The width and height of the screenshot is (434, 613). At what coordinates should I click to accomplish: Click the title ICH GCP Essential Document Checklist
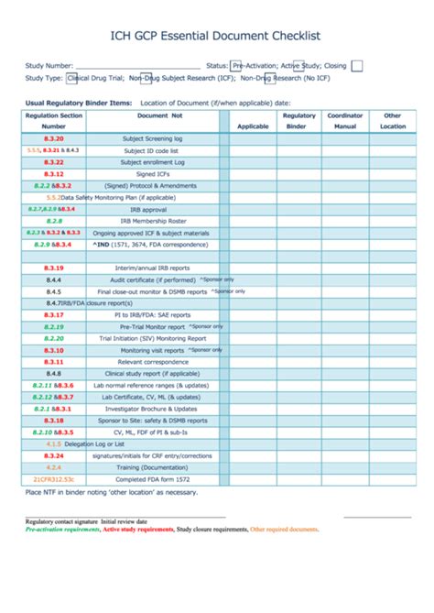coord(216,36)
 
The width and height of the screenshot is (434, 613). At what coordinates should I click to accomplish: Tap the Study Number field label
coord(49,66)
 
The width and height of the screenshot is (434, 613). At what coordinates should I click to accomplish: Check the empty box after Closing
coord(357,65)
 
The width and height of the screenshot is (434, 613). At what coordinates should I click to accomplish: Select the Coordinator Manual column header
coord(344,121)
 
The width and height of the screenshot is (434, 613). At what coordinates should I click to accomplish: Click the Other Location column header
coord(394,121)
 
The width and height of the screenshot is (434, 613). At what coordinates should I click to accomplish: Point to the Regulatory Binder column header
coord(298,121)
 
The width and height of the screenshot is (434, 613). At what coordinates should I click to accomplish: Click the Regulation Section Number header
coord(53,121)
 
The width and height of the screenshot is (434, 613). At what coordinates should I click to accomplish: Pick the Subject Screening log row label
coord(152,137)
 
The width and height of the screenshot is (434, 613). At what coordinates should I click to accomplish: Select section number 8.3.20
coord(53,137)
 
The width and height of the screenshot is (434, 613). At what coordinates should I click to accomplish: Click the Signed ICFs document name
coord(152,173)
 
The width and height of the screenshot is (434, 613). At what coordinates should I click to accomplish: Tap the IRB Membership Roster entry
coord(152,221)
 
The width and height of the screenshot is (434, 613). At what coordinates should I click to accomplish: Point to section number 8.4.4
coord(53,279)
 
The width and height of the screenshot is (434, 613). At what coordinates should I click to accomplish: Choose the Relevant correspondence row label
coord(152,362)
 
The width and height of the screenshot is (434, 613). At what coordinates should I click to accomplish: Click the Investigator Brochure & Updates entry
coord(152,409)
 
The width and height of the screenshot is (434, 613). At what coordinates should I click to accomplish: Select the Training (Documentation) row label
coord(152,467)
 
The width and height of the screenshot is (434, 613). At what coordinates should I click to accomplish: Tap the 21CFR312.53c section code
coord(53,479)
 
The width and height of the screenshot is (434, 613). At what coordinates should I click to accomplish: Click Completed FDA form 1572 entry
coord(152,479)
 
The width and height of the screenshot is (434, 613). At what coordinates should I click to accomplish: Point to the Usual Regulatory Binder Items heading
coord(78,103)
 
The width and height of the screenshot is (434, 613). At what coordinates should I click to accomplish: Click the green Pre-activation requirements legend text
coord(62,530)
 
